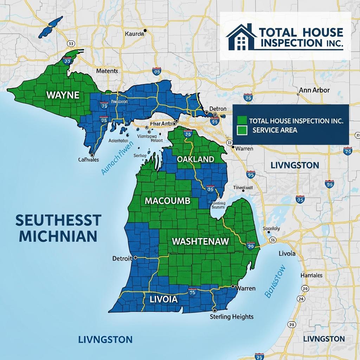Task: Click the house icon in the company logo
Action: (x=241, y=37)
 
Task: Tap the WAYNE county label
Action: (x=63, y=95)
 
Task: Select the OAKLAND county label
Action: (x=195, y=159)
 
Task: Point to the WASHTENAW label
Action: (x=200, y=242)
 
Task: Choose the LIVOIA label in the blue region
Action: (x=163, y=300)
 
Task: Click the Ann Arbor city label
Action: (x=314, y=90)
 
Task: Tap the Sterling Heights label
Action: (x=231, y=317)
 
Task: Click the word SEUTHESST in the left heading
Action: (x=58, y=220)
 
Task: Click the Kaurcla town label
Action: (x=134, y=34)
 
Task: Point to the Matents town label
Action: (x=107, y=71)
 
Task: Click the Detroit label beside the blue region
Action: (x=122, y=258)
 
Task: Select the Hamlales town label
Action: (x=311, y=276)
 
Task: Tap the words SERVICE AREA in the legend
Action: (x=275, y=130)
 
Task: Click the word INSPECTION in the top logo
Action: (x=290, y=43)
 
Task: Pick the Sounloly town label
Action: (x=271, y=229)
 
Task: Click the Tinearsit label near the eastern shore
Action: (x=243, y=188)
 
